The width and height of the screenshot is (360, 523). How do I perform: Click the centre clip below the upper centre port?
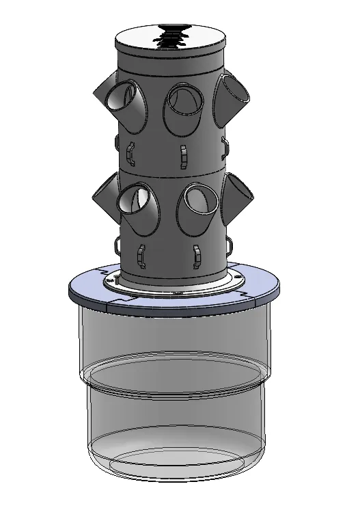182,155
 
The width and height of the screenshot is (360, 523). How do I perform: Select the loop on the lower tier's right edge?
231,243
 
